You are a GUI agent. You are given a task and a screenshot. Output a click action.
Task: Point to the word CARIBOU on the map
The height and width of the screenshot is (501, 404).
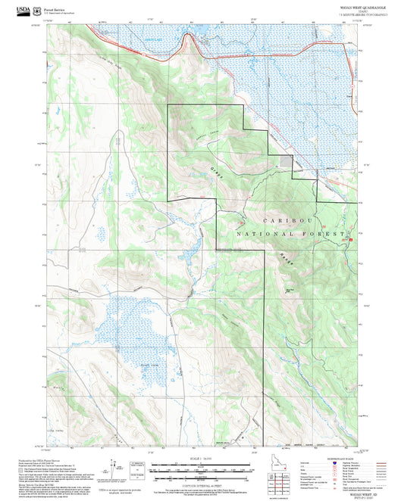(x=287, y=220)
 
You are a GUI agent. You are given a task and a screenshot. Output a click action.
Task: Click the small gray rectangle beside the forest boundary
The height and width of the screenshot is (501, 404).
(x=285, y=160)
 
